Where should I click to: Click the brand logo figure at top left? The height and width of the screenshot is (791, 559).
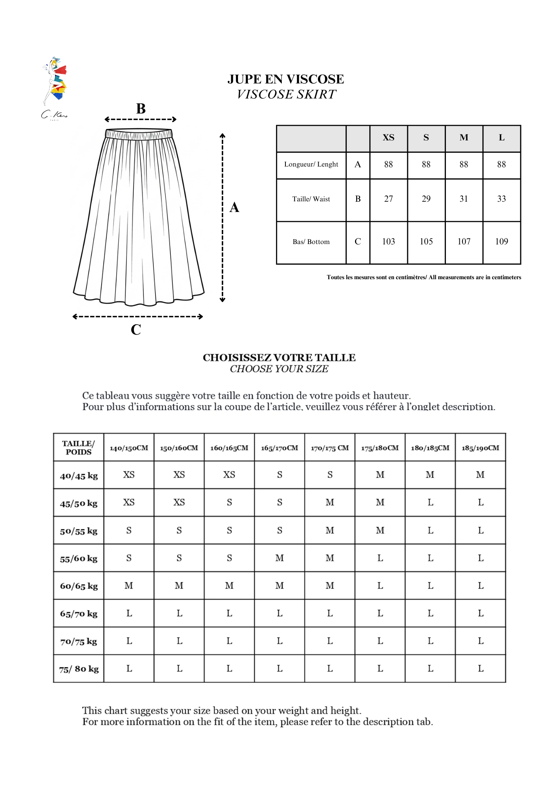click(x=55, y=81)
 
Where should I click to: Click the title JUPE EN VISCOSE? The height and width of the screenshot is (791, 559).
click(x=285, y=79)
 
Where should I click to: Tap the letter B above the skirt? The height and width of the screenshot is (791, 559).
click(x=141, y=109)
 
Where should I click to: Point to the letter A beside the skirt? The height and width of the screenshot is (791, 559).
click(x=234, y=207)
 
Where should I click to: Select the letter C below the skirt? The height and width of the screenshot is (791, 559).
click(x=136, y=329)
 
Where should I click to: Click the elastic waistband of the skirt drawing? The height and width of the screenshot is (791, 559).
click(x=139, y=134)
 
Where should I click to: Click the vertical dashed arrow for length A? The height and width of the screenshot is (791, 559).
click(x=223, y=218)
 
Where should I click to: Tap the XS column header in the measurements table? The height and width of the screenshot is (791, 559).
click(x=388, y=138)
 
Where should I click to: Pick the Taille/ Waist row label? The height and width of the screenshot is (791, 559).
click(x=311, y=199)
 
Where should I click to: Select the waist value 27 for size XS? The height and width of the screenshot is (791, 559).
click(x=388, y=199)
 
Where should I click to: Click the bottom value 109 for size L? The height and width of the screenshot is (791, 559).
click(x=501, y=241)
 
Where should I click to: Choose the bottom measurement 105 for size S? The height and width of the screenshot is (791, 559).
click(x=426, y=241)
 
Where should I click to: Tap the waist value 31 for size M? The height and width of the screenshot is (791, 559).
click(x=464, y=199)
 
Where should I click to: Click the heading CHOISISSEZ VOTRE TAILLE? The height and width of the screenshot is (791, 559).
click(x=279, y=358)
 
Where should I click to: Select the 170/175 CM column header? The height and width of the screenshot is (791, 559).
click(x=330, y=448)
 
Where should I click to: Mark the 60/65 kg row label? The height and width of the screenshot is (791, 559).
click(x=79, y=586)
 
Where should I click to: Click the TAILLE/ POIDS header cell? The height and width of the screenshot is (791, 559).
click(x=79, y=448)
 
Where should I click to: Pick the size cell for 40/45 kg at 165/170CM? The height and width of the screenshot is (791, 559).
click(x=279, y=475)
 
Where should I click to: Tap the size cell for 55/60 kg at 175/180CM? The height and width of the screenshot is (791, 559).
click(x=380, y=558)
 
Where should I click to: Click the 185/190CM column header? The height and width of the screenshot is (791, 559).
click(x=480, y=448)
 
